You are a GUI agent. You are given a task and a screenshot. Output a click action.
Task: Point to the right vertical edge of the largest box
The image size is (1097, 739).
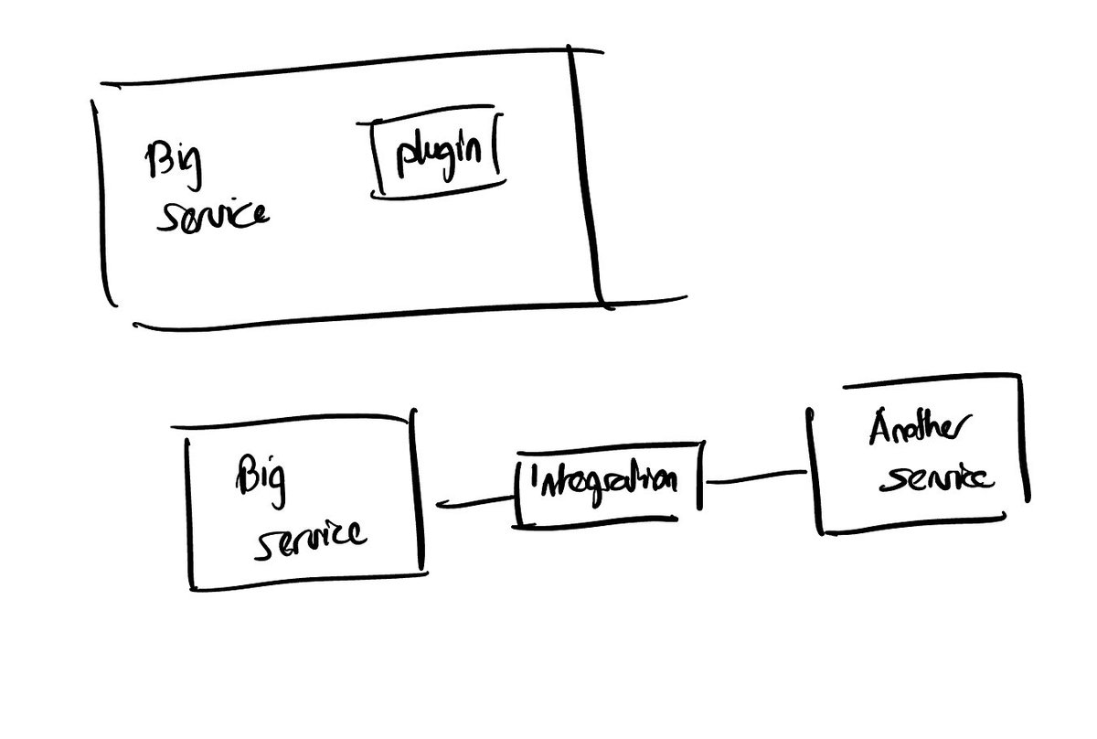585,174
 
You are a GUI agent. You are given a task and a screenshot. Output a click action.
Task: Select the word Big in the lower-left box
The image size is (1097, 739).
261,478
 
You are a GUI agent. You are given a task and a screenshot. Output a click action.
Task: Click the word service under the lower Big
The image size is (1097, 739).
309,537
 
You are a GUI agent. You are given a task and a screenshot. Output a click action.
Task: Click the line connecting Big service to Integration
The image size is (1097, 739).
474,501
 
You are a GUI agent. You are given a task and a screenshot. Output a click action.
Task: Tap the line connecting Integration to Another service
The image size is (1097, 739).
757,477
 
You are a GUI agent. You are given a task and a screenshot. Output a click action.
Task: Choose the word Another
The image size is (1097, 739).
921,430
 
